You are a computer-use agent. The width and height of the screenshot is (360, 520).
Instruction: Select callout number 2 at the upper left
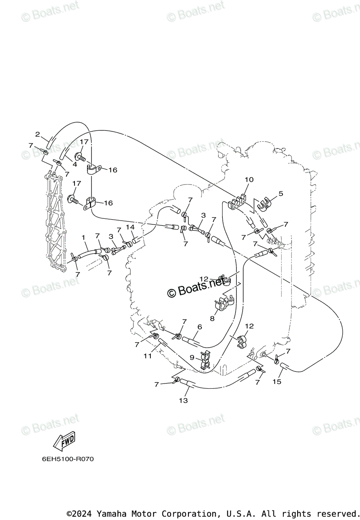click(38, 134)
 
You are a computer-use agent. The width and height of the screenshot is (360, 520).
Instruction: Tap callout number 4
click(75, 164)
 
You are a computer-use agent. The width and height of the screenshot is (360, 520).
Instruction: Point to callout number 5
click(280, 194)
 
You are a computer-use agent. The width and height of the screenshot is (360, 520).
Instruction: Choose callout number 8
click(212, 318)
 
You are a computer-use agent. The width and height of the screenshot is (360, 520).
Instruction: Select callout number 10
click(249, 179)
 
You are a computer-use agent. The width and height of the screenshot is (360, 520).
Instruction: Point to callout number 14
click(130, 227)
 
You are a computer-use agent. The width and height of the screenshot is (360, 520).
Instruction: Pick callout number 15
click(277, 381)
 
